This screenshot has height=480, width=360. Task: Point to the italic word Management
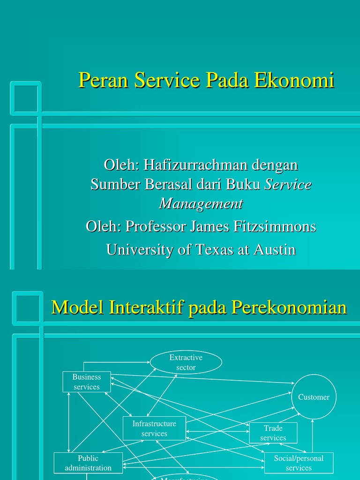201,203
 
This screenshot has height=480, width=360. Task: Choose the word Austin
275,249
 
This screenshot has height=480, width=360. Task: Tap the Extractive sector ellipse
186,363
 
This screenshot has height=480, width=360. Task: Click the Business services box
87,382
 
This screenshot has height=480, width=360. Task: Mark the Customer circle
314,397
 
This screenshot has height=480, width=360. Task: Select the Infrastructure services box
154,428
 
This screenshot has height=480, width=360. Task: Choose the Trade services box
273,433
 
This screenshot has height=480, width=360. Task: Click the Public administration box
88,463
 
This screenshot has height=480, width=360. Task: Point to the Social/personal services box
299,463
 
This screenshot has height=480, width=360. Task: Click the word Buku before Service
243,184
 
